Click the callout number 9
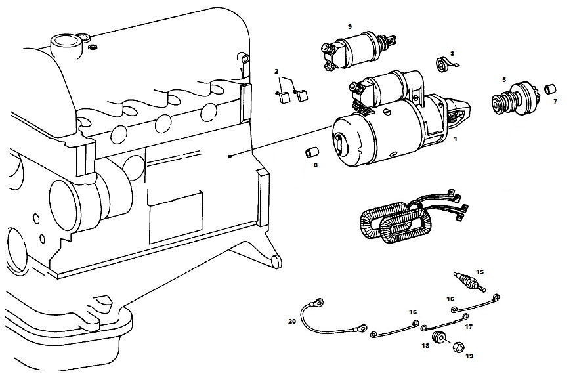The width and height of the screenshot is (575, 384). [349, 26]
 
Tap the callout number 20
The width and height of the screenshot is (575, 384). [292, 321]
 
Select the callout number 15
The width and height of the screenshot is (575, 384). [480, 272]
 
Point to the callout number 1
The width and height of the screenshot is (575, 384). [456, 139]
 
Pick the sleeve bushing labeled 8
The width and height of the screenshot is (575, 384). [312, 152]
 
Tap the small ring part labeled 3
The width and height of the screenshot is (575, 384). [444, 64]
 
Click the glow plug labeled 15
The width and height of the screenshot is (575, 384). [470, 282]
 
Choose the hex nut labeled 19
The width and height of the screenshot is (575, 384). [458, 347]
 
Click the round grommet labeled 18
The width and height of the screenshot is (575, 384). [437, 337]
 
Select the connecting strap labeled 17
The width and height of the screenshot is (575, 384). [445, 322]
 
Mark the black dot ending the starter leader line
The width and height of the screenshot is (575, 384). [230, 157]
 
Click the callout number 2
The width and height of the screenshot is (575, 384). [276, 72]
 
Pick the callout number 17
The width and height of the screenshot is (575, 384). [469, 326]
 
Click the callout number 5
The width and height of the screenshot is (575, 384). [504, 79]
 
